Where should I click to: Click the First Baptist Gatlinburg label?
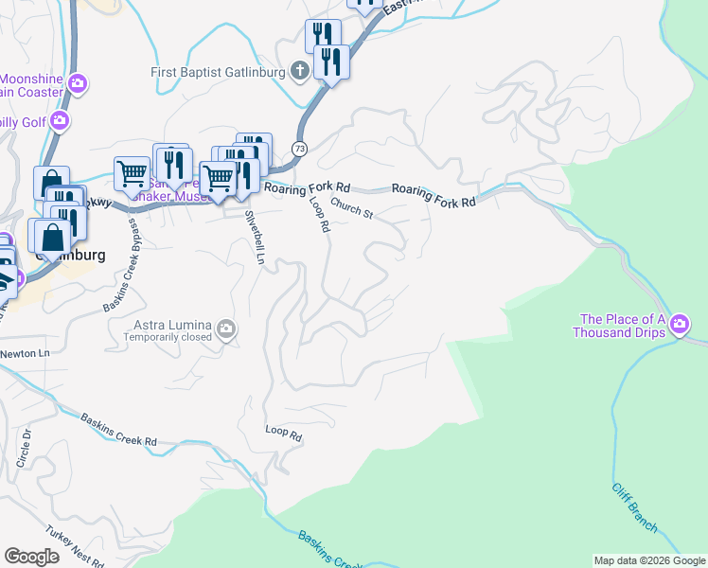point(217,73)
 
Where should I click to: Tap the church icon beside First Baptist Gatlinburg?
point(299,71)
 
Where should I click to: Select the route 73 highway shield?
point(299,149)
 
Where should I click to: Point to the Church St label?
point(352,209)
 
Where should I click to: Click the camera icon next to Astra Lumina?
point(226,329)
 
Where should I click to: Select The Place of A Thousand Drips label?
point(619,326)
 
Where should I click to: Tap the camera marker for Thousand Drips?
point(680,327)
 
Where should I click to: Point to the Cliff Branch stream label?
point(632,500)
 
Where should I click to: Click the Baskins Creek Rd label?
point(118,429)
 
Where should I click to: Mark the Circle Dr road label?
point(27,449)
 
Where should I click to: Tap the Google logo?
point(32,556)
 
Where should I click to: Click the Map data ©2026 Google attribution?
point(648,560)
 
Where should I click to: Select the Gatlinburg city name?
point(69,256)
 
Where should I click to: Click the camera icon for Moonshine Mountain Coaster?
point(78,84)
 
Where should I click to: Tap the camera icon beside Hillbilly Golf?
point(60,120)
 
